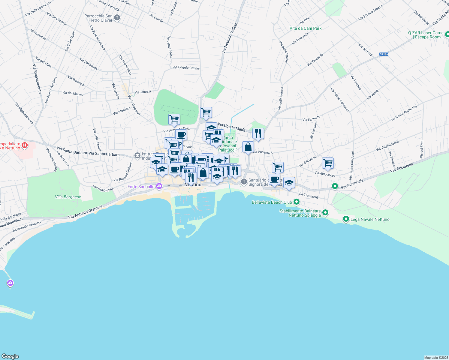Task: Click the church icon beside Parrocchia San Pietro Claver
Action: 117,18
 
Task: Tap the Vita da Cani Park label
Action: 306,28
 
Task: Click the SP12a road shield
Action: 384,54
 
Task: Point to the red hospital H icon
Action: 25,146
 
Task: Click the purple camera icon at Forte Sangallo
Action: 159,186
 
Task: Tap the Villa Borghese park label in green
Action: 68,197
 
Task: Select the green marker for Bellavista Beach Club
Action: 297,202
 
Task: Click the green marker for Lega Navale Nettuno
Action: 346,219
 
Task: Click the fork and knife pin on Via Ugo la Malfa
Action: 258,133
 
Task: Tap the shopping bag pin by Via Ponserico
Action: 248,147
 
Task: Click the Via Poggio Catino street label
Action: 186,67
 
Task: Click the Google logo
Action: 10,356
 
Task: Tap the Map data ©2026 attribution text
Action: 436,358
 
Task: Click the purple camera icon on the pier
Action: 10,283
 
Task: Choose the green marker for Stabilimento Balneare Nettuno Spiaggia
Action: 325,213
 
